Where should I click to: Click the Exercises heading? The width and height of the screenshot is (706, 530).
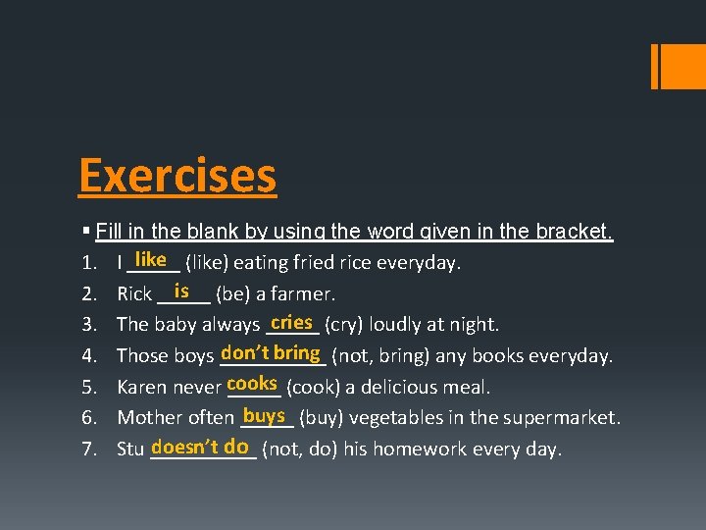pos(177,176)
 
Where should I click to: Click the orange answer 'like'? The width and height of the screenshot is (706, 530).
pos(151,259)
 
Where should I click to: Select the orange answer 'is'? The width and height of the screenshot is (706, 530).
pos(181,291)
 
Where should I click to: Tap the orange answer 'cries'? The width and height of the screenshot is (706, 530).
pos(291,322)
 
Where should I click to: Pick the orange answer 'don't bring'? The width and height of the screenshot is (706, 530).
pos(272,352)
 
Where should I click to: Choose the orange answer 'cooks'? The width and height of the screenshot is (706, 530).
pos(252,384)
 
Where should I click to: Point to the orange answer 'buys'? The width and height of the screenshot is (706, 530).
pos(265,415)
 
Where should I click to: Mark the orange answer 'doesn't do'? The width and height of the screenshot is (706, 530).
pos(200,447)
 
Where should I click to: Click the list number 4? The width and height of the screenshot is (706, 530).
pos(88,355)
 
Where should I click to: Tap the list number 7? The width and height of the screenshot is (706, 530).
pos(88,450)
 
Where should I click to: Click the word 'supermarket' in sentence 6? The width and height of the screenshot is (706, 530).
pos(564,419)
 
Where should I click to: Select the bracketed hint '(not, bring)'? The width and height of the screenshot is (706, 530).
pos(378,356)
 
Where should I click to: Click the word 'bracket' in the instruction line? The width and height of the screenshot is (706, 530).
pos(576,233)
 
